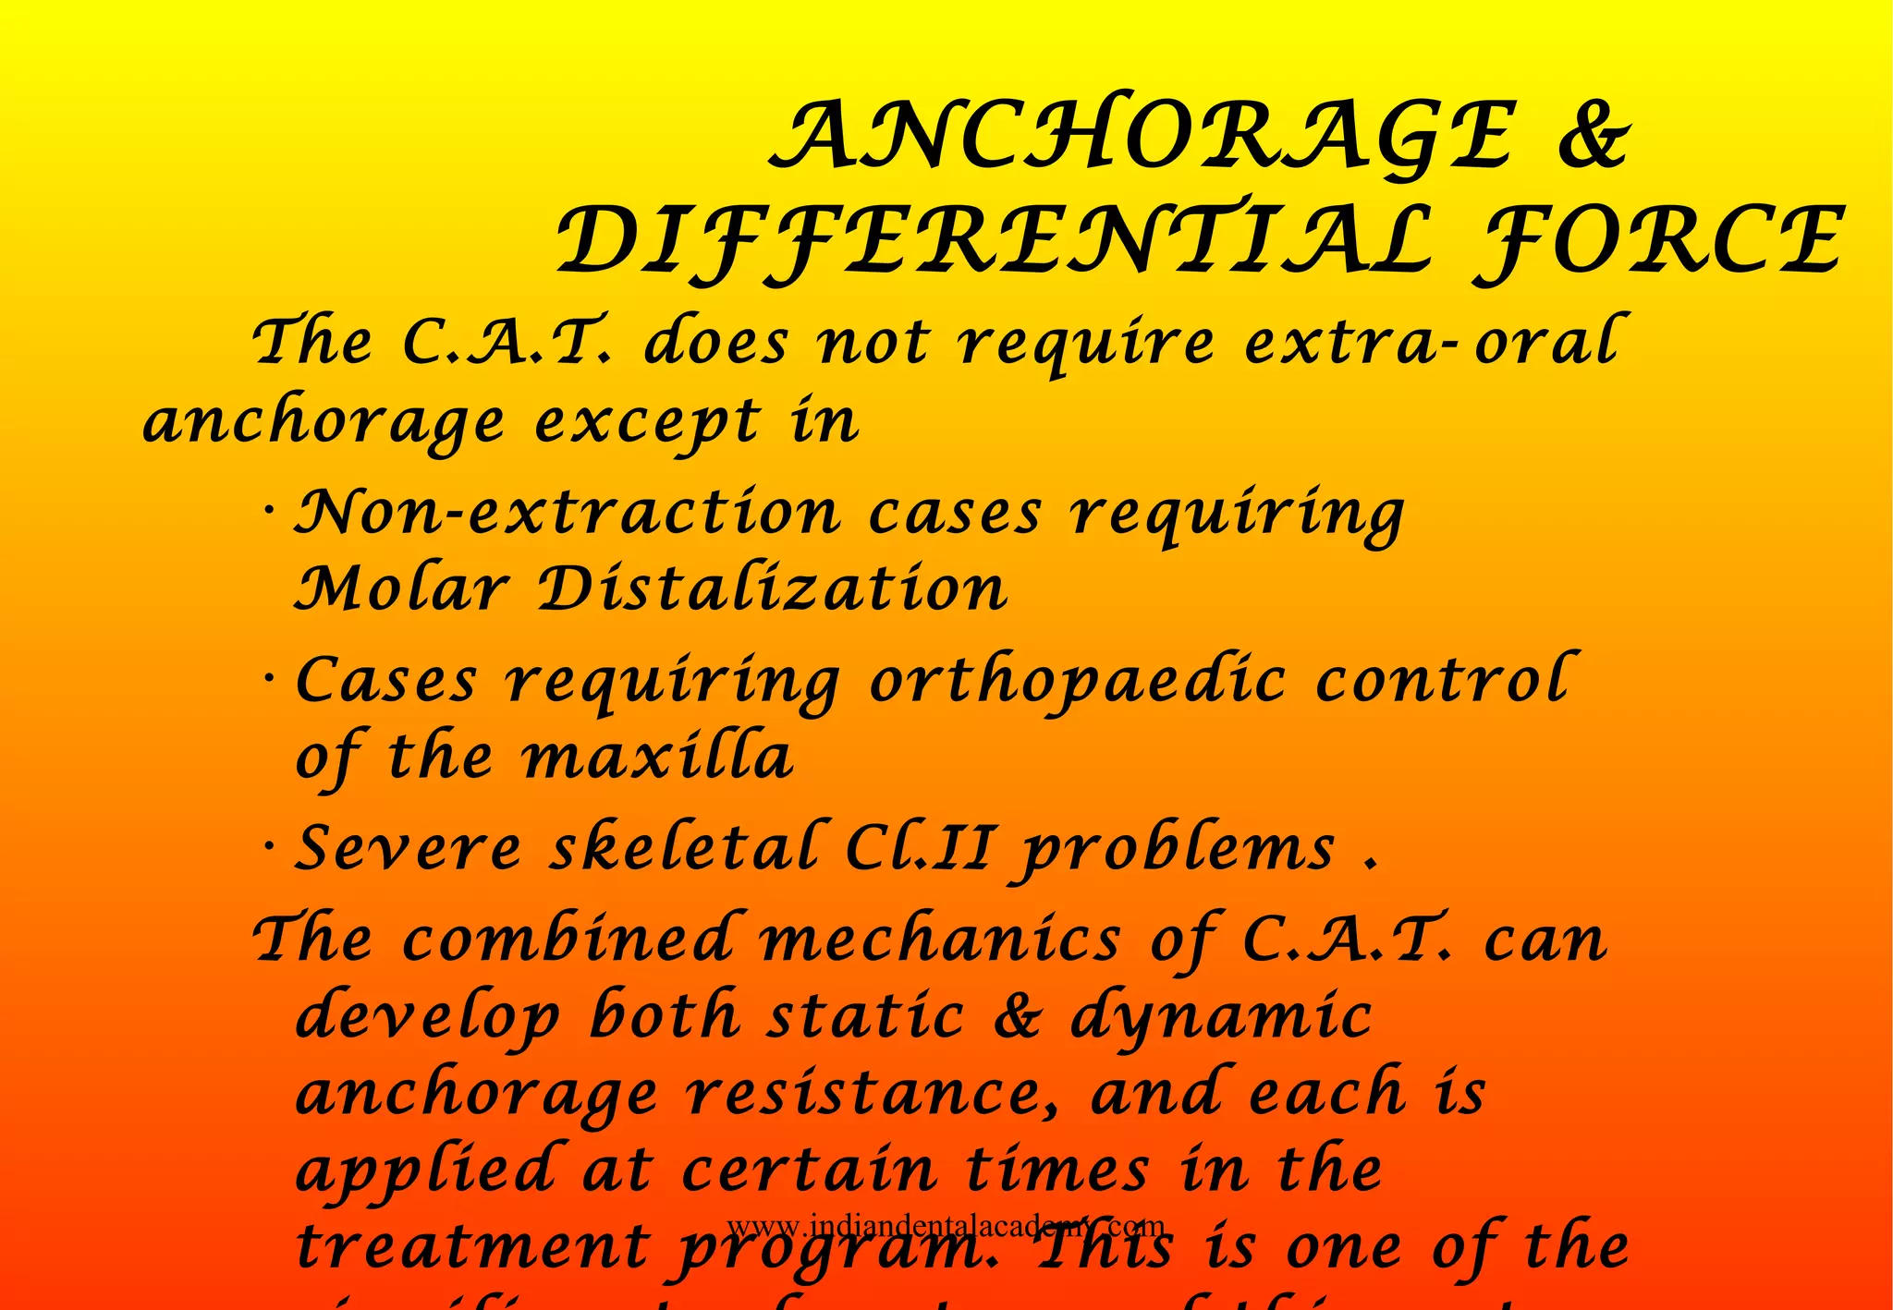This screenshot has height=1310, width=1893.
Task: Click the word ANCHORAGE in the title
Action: [1142, 138]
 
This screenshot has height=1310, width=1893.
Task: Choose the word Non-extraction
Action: [568, 513]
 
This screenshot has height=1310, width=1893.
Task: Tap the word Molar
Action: [402, 588]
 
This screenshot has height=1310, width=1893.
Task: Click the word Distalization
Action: [773, 588]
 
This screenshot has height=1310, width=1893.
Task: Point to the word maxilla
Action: [657, 758]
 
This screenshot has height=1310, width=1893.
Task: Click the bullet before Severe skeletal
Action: [269, 845]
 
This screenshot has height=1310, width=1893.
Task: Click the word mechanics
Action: [939, 940]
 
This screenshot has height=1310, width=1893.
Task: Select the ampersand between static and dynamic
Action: [1017, 1017]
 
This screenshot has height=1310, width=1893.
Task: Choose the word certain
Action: [810, 1171]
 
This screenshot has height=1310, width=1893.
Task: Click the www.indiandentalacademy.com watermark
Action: [946, 1227]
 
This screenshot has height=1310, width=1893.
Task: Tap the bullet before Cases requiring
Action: [269, 679]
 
